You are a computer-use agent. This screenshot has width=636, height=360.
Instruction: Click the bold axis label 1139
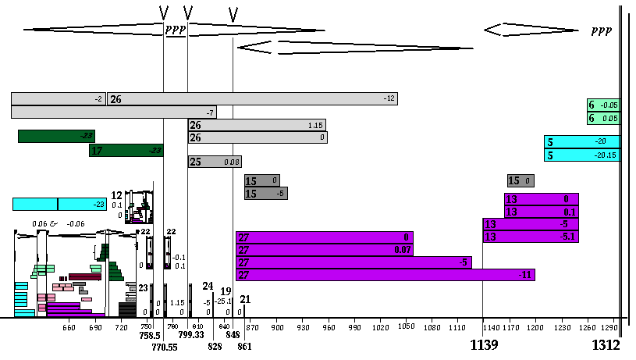484,345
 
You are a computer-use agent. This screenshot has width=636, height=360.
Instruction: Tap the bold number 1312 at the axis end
606,345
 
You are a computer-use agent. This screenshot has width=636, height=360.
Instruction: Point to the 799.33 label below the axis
191,335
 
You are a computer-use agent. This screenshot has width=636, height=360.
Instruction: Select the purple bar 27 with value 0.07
324,250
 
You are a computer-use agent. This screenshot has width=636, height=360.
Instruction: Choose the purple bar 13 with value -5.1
531,237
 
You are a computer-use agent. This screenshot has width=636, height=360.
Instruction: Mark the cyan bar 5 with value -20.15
582,155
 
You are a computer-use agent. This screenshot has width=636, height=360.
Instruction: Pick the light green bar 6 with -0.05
603,105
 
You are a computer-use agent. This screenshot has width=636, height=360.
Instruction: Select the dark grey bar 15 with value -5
265,194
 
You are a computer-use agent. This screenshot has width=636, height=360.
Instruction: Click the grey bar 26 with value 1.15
257,125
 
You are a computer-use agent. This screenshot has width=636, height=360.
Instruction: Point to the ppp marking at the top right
601,30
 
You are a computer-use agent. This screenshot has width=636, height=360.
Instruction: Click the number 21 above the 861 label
245,299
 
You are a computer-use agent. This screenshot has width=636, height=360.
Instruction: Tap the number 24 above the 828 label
208,287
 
